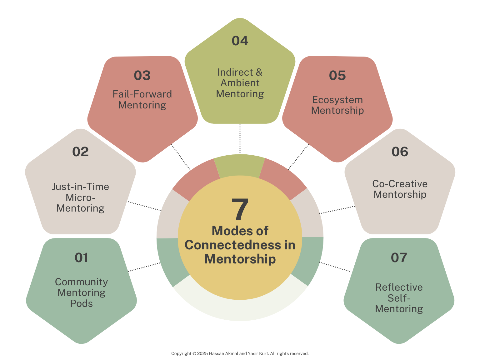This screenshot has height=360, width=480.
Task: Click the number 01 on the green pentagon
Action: coord(81,258)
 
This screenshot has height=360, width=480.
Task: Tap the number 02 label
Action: coord(81,152)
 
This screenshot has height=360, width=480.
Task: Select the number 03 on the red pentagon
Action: coord(142,76)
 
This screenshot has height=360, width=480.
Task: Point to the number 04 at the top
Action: coord(240,41)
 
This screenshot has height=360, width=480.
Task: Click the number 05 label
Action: coord(337,76)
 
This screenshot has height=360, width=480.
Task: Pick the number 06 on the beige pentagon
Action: coord(400,152)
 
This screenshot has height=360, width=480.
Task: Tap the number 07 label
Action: coord(399,258)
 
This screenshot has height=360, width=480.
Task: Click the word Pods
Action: coord(81,303)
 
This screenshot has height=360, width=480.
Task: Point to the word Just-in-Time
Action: coord(81,187)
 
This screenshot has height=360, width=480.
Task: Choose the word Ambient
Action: coord(240,83)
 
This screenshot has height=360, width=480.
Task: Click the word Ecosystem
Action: coord(337,100)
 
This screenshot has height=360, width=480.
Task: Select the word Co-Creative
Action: coord(400,184)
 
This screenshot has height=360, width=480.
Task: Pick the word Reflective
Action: coord(399,287)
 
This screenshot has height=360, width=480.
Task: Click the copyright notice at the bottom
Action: coord(240,353)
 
